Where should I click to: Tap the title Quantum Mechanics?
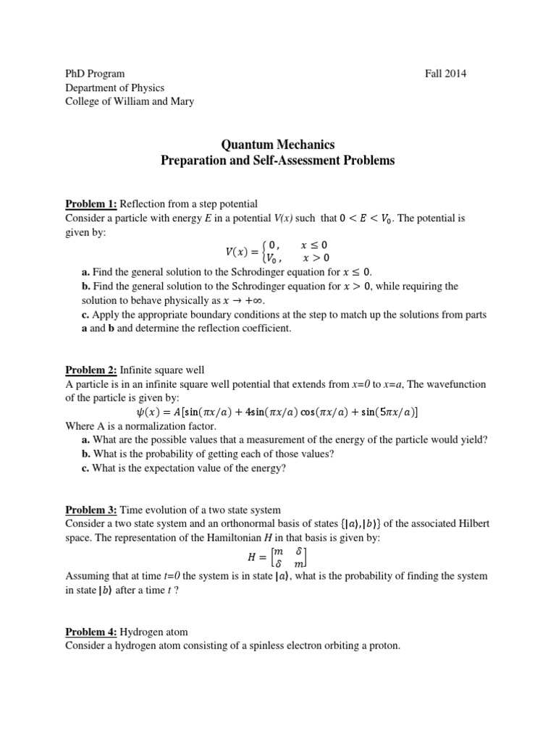[277, 145]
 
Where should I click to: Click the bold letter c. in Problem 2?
[86, 467]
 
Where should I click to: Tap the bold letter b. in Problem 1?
[86, 287]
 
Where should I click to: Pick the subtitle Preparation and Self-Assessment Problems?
[277, 161]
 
